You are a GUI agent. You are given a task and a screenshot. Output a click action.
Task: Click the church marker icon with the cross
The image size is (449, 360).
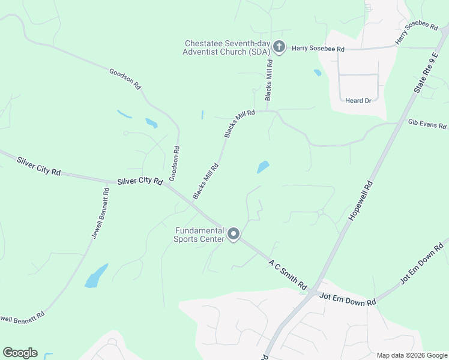(279, 46)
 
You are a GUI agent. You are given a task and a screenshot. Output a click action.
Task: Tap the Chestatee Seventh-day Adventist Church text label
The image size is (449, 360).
(228, 48)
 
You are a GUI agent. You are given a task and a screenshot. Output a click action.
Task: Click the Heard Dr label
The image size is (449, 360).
(358, 101)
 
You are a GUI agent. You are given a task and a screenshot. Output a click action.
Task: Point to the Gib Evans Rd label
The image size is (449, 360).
(427, 124)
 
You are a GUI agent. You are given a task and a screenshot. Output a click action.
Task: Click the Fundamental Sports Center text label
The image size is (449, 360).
(199, 235)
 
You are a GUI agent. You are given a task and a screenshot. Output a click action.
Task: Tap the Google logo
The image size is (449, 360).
(20, 353)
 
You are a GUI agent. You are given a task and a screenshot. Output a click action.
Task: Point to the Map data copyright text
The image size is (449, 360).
(411, 355)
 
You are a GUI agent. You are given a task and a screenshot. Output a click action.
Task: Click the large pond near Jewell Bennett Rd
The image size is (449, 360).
(96, 276)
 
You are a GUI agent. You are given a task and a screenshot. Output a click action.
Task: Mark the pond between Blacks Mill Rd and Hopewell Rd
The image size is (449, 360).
(263, 167)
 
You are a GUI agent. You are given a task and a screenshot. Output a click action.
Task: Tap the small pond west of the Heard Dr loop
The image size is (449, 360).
(318, 73)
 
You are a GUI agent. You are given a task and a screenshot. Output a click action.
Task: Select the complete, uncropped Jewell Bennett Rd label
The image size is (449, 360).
(100, 214)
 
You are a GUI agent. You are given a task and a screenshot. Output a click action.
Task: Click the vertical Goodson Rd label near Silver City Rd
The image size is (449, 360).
(175, 164)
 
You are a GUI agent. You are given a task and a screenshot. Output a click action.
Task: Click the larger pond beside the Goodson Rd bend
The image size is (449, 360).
(151, 123)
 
